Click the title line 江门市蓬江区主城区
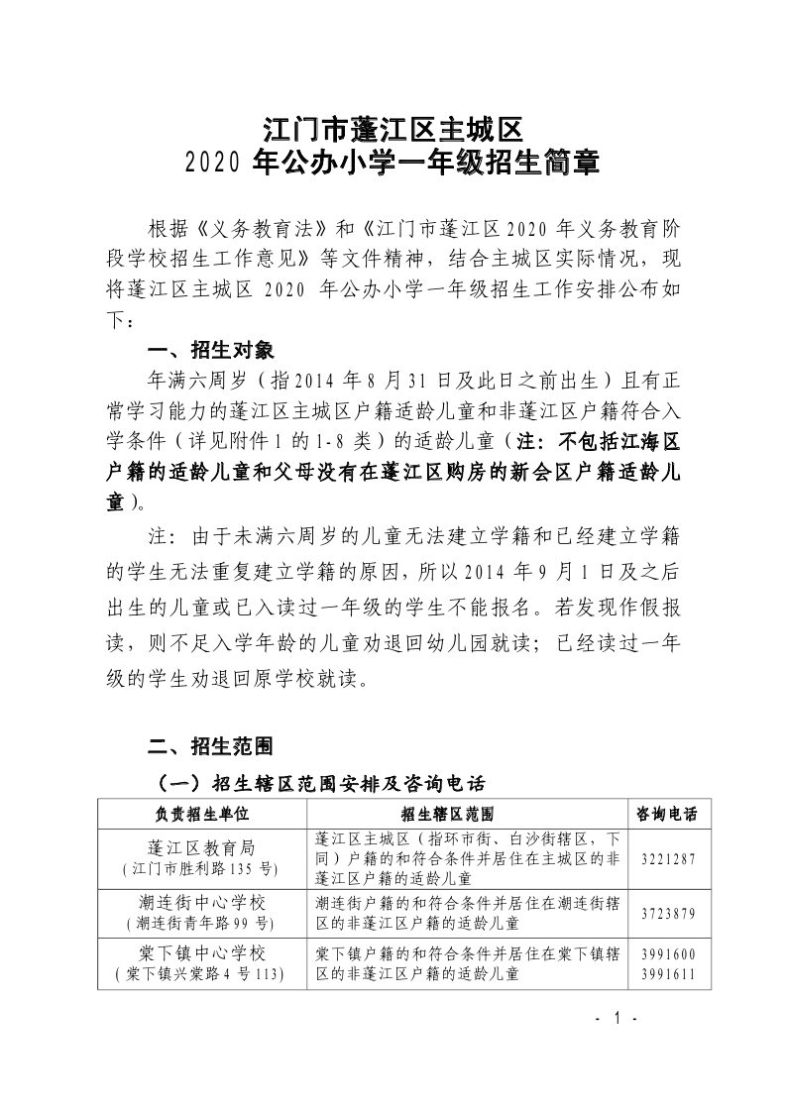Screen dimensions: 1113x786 pyautogui.click(x=392, y=130)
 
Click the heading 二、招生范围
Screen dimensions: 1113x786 pyautogui.click(x=204, y=745)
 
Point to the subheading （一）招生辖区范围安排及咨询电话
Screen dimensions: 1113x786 pyautogui.click(x=317, y=784)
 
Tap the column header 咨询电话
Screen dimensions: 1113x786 pyautogui.click(x=666, y=814)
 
